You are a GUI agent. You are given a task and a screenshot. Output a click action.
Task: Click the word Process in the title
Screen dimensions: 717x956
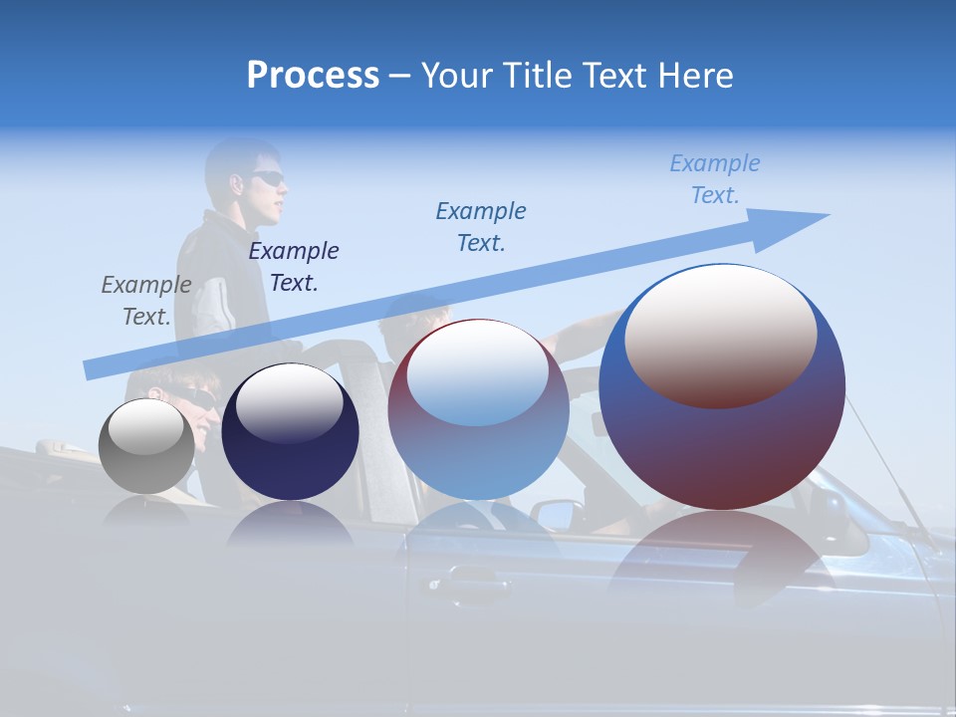pyautogui.click(x=313, y=76)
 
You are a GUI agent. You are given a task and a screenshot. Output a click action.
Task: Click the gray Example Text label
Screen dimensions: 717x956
pyautogui.click(x=146, y=301)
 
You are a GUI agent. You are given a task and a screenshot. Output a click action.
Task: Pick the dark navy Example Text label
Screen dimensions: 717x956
pyautogui.click(x=294, y=267)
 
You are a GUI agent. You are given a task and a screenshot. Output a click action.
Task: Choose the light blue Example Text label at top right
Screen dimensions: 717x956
pyautogui.click(x=715, y=179)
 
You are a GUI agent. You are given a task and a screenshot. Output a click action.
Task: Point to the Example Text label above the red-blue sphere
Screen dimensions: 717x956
pyautogui.click(x=481, y=226)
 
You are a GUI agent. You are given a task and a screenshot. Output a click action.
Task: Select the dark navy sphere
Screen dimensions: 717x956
pyautogui.click(x=290, y=432)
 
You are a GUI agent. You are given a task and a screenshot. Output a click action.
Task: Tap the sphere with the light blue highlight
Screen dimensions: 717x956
pyautogui.click(x=479, y=409)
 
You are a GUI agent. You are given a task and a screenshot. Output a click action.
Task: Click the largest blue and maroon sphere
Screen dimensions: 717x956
pyautogui.click(x=722, y=387)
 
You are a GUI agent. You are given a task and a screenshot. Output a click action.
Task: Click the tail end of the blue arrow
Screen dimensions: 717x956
pyautogui.click(x=87, y=370)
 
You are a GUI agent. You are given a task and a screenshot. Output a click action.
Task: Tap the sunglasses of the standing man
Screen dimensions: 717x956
pyautogui.click(x=267, y=178)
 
